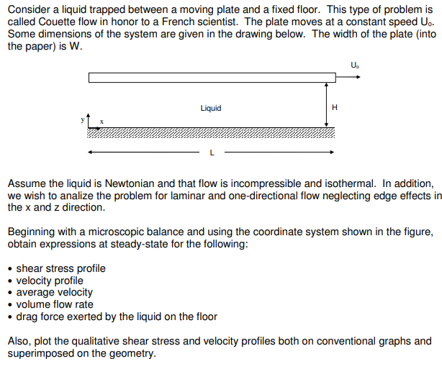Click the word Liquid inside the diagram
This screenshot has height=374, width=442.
pyautogui.click(x=211, y=108)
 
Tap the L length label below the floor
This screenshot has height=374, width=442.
pyautogui.click(x=210, y=153)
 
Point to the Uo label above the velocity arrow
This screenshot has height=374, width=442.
pyautogui.click(x=354, y=65)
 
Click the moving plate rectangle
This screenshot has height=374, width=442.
pyautogui.click(x=212, y=78)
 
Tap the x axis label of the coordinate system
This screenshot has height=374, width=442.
pyautogui.click(x=102, y=122)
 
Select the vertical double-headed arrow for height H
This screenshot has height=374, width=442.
pyautogui.click(x=327, y=105)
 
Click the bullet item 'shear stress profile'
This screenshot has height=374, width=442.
pyautogui.click(x=60, y=268)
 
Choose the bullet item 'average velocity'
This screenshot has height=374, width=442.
pyautogui.click(x=55, y=292)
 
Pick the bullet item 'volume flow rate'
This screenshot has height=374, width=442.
pyautogui.click(x=55, y=304)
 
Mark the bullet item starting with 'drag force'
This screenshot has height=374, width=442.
pyautogui.click(x=117, y=316)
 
